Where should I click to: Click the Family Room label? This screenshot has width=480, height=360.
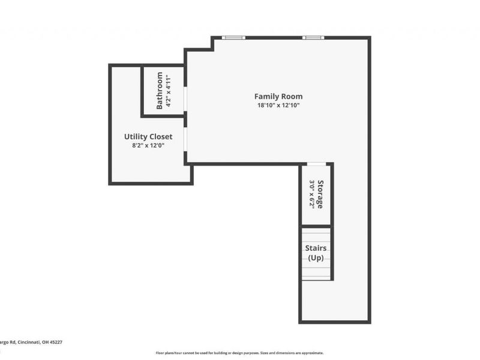278,96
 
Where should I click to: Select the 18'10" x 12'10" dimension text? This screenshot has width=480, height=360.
278,106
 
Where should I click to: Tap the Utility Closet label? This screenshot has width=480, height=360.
148,137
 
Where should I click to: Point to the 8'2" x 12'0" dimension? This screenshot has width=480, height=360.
148,145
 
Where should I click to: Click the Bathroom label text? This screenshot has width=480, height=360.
160,91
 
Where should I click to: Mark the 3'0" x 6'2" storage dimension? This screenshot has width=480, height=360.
312,194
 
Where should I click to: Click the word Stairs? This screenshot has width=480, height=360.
316,248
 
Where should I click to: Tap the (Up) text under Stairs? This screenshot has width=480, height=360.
316,258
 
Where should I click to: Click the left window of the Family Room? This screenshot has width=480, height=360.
233,38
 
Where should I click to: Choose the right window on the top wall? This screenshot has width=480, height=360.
313,38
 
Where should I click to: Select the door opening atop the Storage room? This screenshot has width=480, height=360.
316,163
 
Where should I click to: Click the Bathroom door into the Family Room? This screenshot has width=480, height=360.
185,99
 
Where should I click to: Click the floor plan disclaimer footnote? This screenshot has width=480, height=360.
240,353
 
